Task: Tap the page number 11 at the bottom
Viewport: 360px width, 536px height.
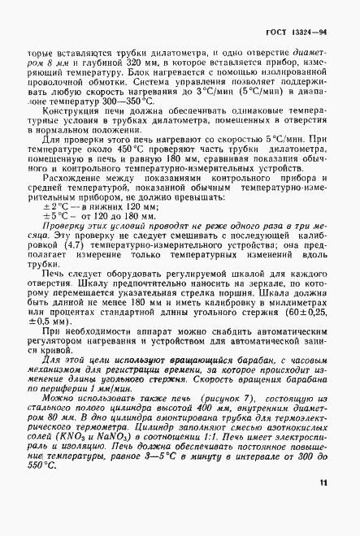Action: (x=323, y=506)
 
